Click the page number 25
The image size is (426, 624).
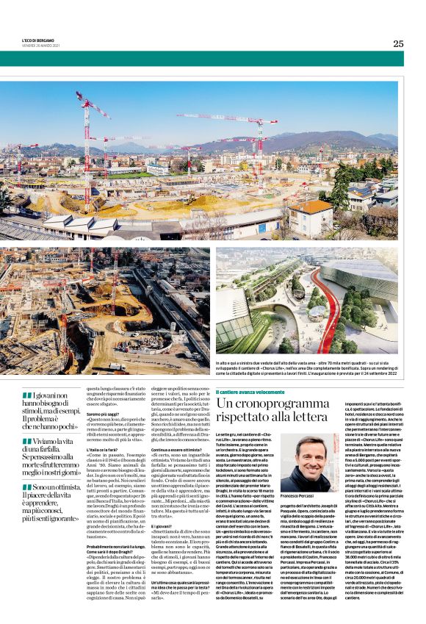coord(397,43)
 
